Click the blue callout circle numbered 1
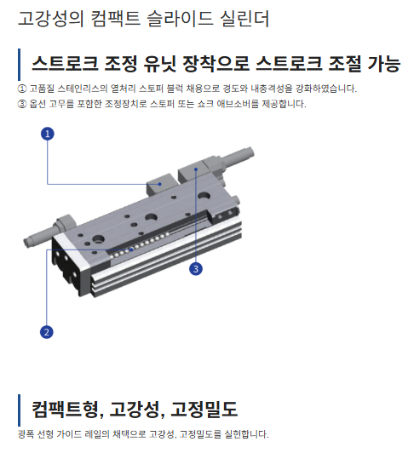click(48, 134)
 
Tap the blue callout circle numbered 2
click(47, 332)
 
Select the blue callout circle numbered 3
click(196, 269)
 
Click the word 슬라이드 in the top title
click(180, 18)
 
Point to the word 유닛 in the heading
click(159, 63)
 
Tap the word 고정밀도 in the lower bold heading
click(204, 409)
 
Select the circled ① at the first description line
click(22, 89)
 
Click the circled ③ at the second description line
click(22, 104)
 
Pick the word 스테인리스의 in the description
click(83, 89)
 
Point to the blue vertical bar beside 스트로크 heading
click(19, 65)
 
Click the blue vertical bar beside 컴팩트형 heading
click(19, 410)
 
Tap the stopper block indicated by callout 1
click(159, 184)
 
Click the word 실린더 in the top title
click(244, 18)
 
